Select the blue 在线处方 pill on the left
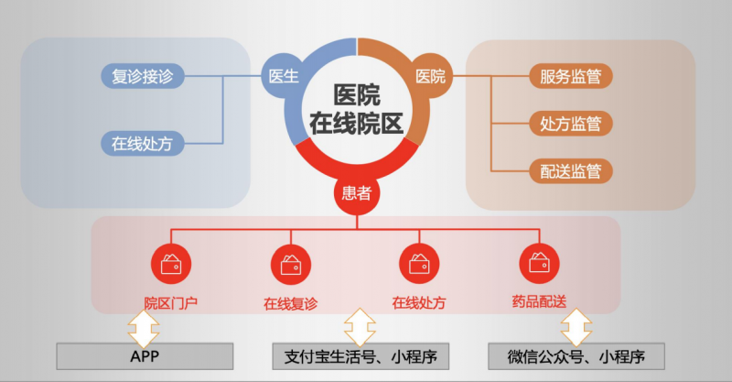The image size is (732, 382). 142,144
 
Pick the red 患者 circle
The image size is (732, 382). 356,192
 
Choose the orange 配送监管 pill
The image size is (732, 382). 570,170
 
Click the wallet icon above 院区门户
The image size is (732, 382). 171,264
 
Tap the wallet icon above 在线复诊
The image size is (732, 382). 292,264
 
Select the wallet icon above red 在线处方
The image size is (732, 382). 418,264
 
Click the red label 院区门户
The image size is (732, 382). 171,301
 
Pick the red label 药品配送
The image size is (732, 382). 540,301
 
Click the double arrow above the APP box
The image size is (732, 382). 144,324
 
